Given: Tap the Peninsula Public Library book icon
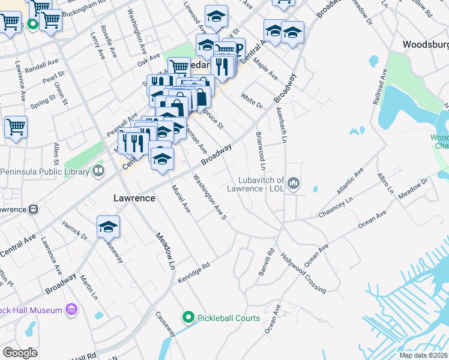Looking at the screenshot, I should tap(98, 172).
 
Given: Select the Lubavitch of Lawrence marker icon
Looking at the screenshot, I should tap(294, 183).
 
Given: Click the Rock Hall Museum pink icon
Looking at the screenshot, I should tap(71, 310).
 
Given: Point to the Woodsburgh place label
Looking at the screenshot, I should tap(426, 44).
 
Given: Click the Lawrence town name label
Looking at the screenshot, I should tap(134, 197).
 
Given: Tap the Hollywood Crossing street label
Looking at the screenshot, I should tap(302, 272).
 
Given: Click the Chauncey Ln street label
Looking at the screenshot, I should tap(336, 206).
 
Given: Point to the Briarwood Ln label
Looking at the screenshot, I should tap(261, 151).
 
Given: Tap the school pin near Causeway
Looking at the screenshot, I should tap(108, 226).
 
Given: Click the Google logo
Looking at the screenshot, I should tap(20, 353).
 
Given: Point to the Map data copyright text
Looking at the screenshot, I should tap(423, 355).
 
